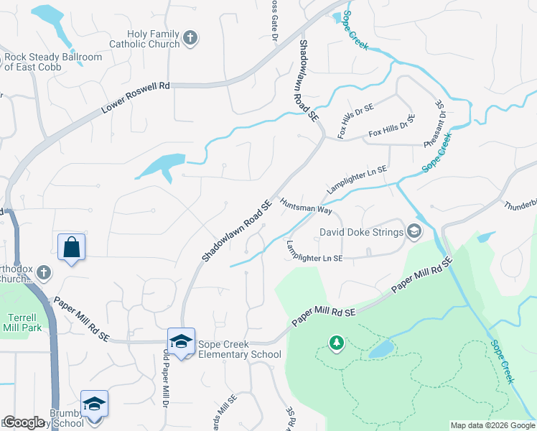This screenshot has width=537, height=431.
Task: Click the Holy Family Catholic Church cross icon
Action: pyautogui.click(x=190, y=38)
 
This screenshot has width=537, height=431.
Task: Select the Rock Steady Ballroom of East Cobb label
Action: pyautogui.click(x=52, y=62)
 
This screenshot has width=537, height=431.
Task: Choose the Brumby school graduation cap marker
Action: pyautogui.click(x=95, y=404)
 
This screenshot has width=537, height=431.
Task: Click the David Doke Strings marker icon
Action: pyautogui.click(x=414, y=231)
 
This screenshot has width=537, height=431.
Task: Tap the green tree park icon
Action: pyautogui.click(x=335, y=343)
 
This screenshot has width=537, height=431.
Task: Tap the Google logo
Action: pyautogui.click(x=24, y=422)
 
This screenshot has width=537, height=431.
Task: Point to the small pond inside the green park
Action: pyautogui.click(x=381, y=349)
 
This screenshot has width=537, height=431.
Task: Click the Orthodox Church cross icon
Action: pyautogui.click(x=44, y=273)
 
